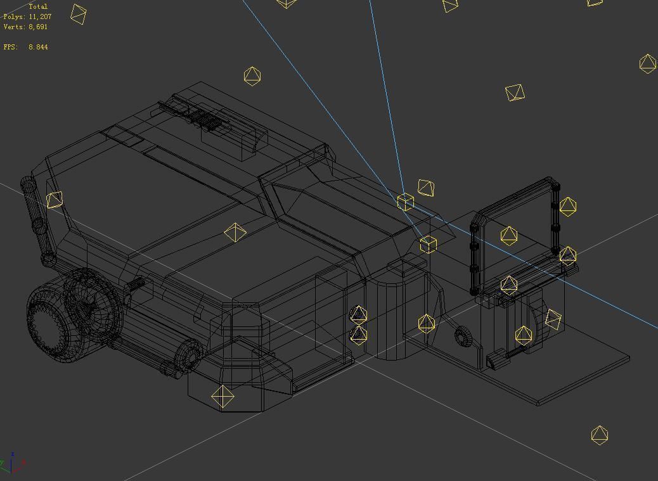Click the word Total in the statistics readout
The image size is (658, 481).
(38, 6)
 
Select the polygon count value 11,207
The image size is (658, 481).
(40, 16)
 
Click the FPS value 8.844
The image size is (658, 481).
(38, 47)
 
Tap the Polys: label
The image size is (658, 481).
(14, 16)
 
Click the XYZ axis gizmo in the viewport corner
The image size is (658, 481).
(13, 464)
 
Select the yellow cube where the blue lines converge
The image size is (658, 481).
(406, 202)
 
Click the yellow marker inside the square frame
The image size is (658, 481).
(509, 236)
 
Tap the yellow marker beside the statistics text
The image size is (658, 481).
(78, 14)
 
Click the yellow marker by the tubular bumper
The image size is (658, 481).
(55, 200)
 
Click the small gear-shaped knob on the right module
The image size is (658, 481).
(462, 335)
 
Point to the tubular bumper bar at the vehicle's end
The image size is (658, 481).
(37, 222)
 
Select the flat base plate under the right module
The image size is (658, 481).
(571, 374)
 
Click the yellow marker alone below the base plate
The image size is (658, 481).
(599, 435)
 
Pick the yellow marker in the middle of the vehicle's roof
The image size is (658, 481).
(235, 233)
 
